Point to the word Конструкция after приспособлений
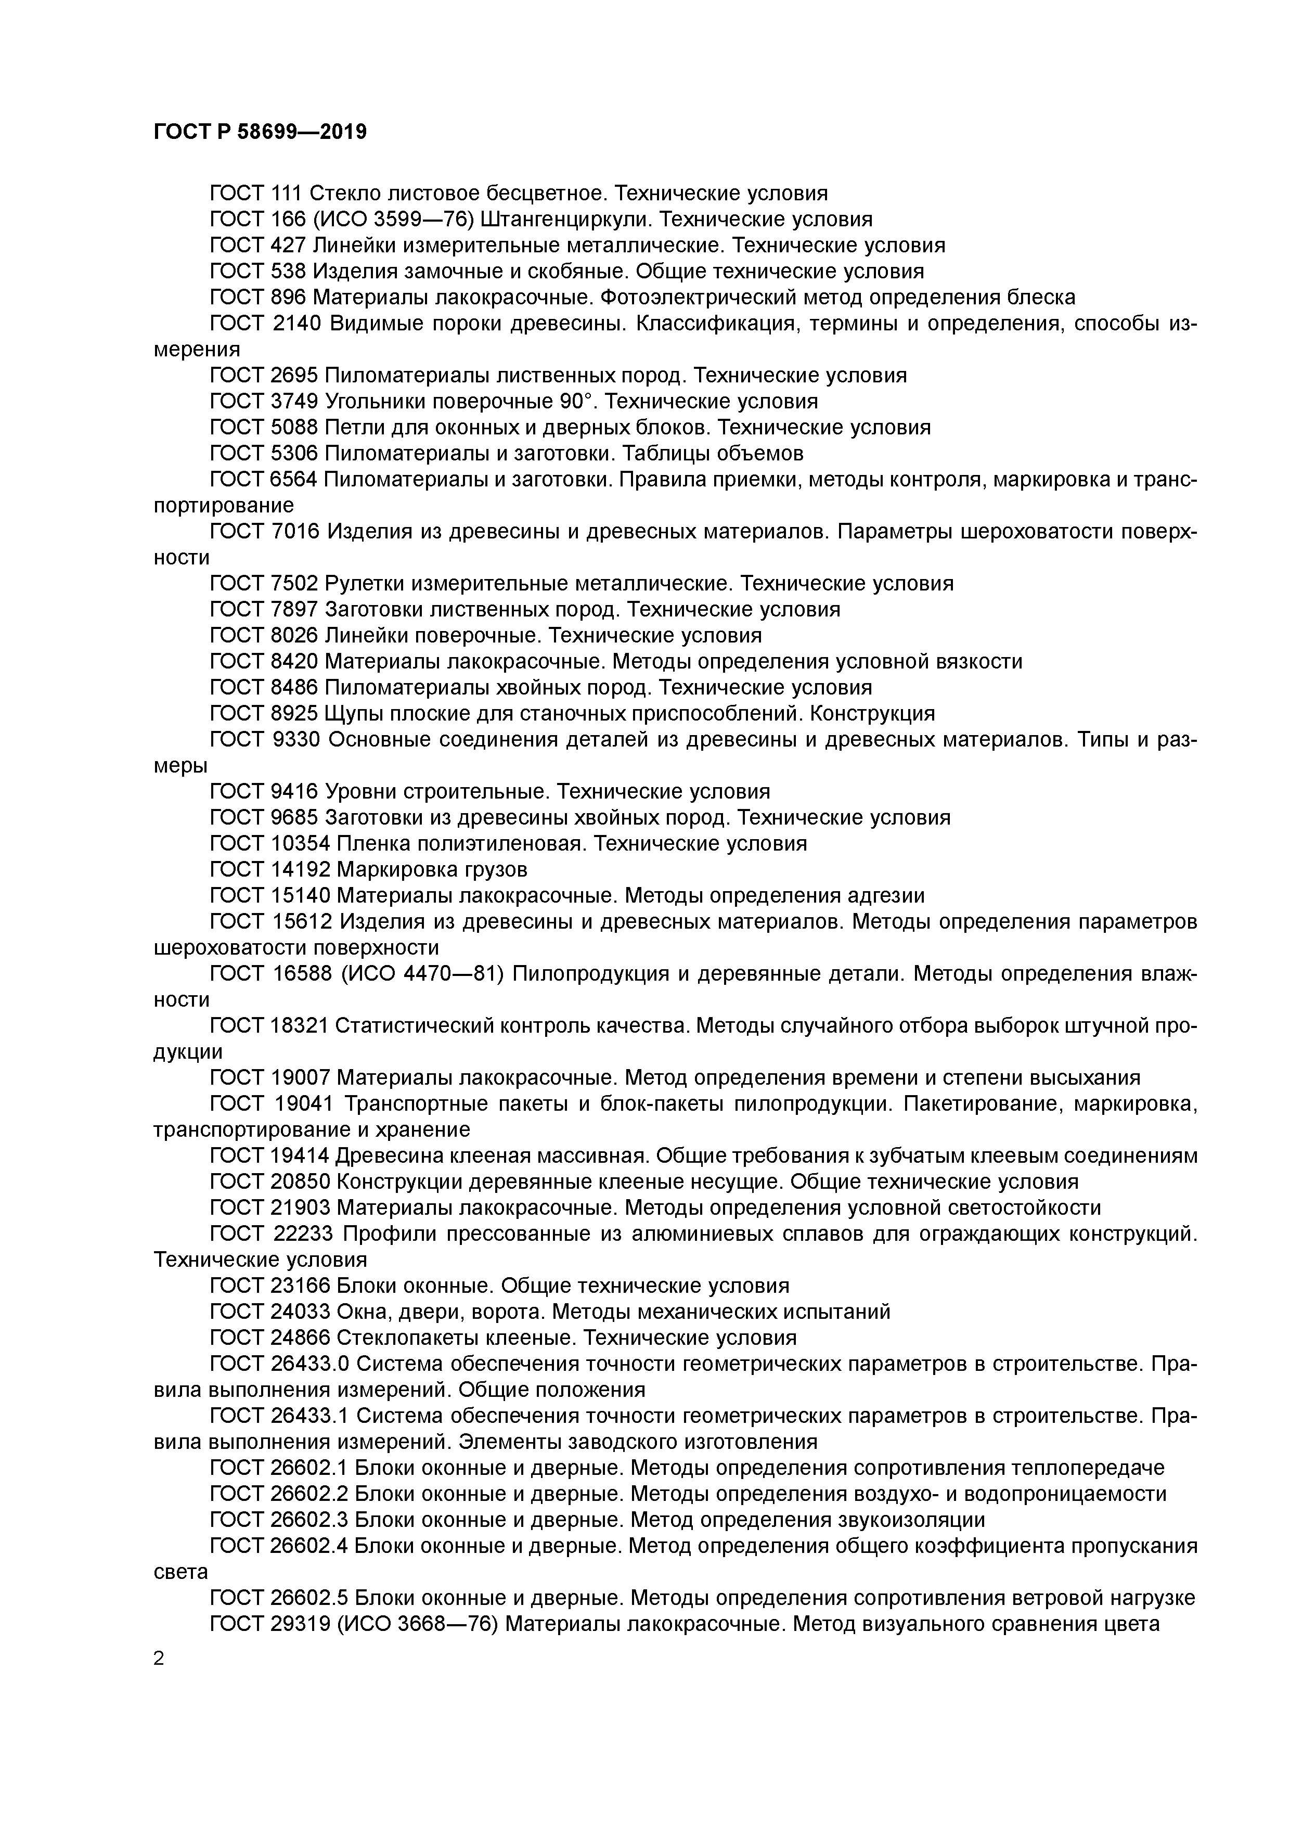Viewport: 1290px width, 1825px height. [873, 713]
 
